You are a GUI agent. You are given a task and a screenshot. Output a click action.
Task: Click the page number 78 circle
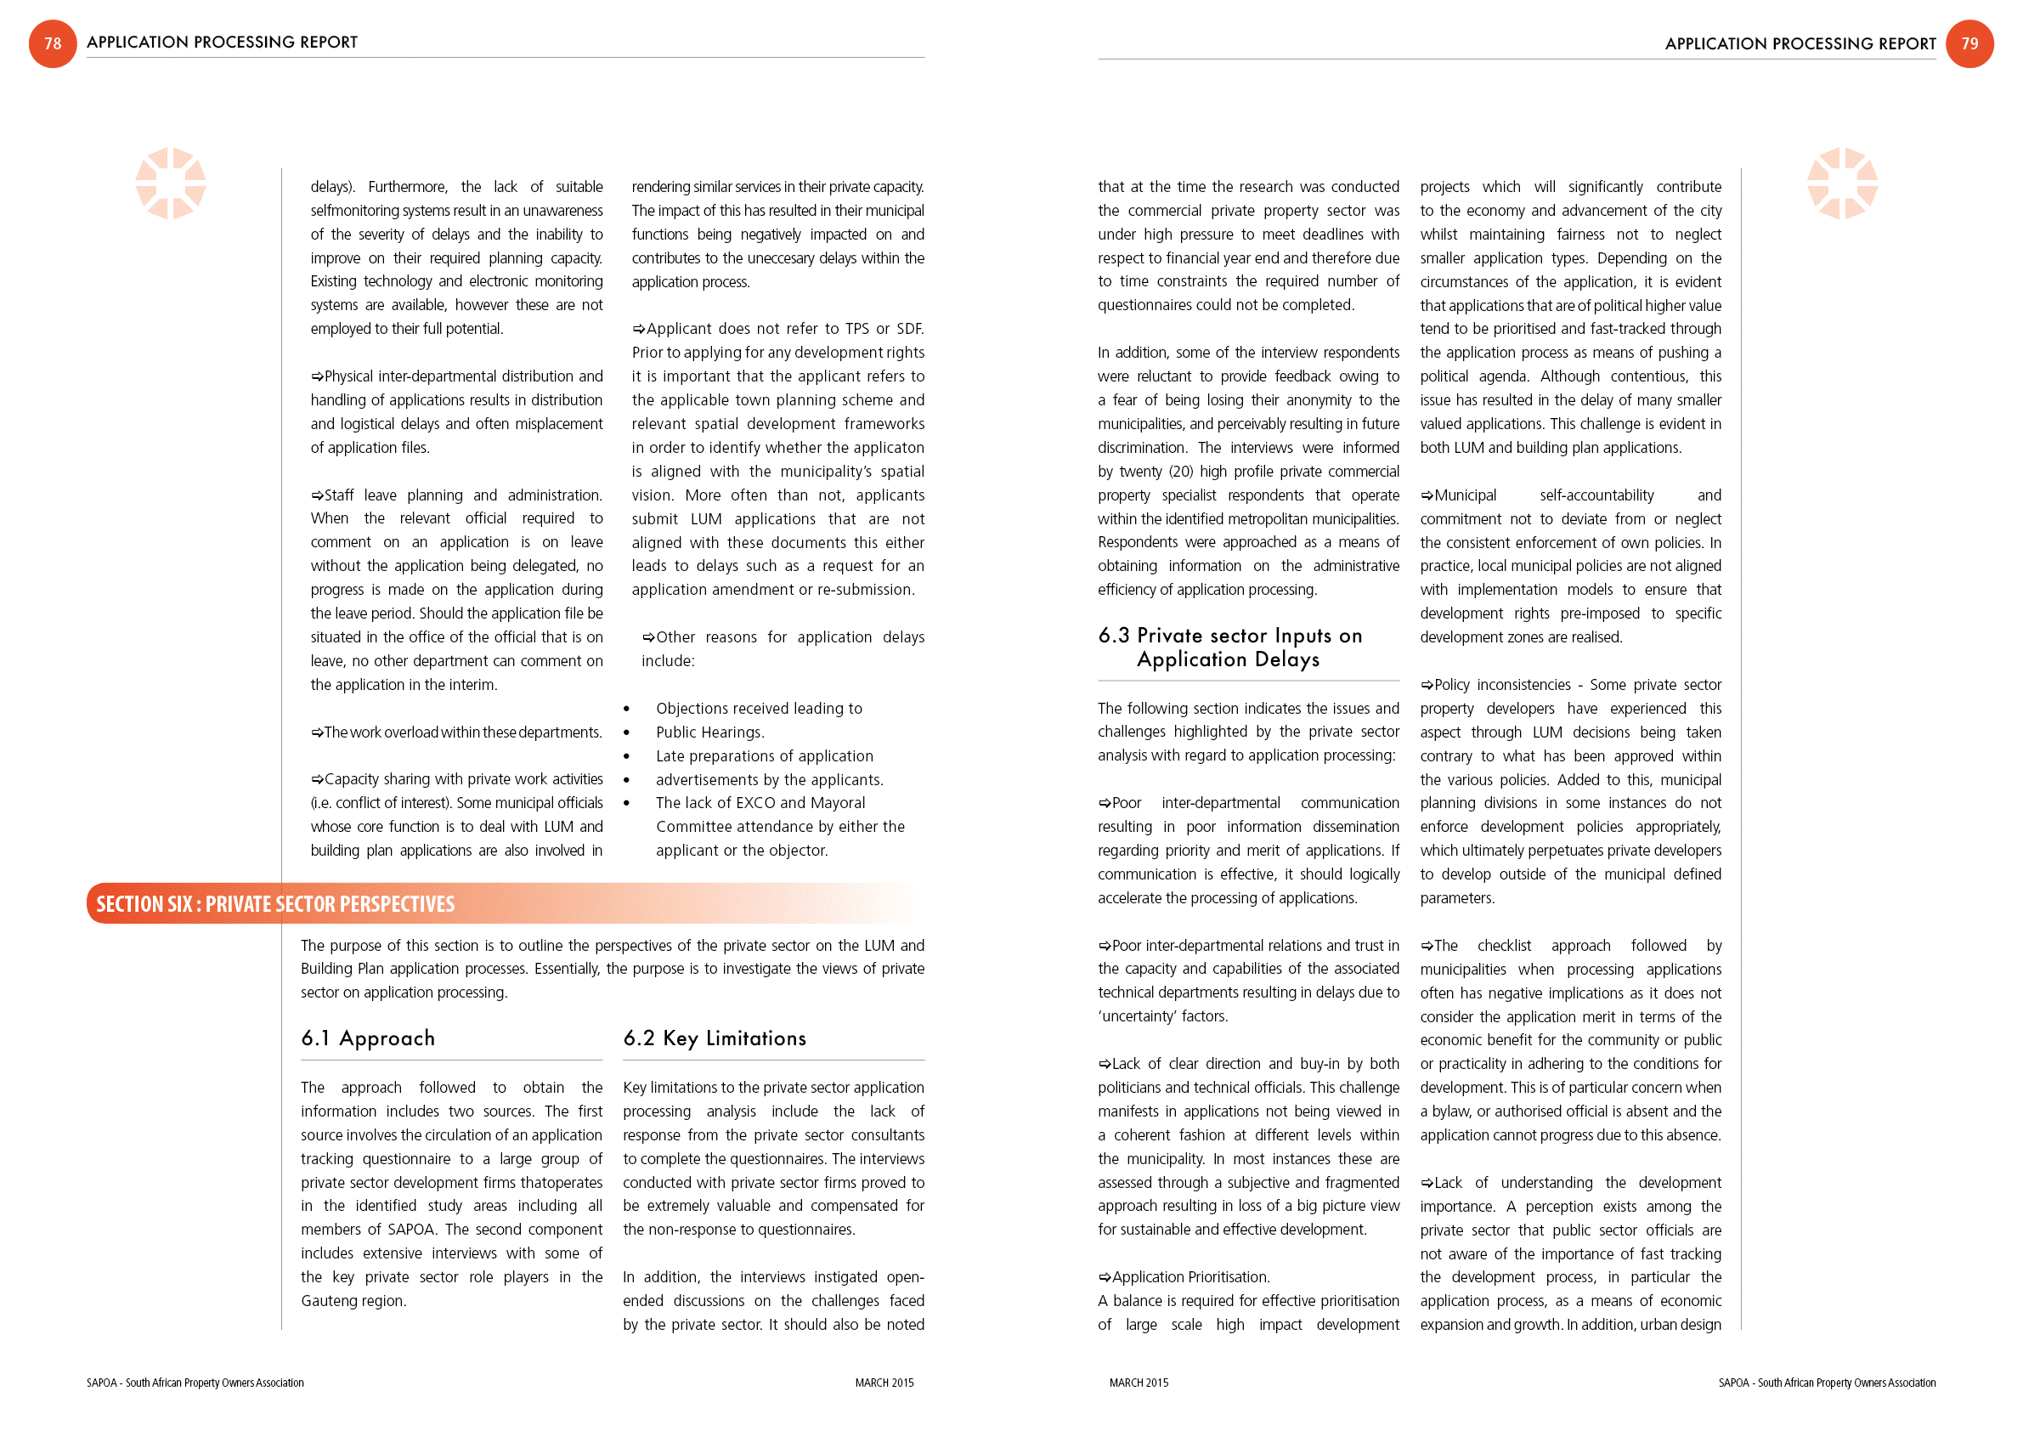coord(53,43)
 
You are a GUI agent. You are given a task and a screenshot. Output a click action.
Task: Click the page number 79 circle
coord(1969,43)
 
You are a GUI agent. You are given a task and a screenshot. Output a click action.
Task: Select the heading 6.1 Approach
coord(368,1038)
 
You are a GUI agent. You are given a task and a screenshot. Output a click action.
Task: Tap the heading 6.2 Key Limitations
coord(715,1038)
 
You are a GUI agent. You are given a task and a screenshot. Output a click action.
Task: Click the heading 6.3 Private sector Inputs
coord(1229,647)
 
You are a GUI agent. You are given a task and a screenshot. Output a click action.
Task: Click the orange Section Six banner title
coord(276,904)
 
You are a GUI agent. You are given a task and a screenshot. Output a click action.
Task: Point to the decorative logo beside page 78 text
coord(171,184)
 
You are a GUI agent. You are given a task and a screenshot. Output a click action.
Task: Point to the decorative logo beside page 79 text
coord(1842,184)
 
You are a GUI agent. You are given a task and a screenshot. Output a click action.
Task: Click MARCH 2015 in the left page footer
coord(884,1383)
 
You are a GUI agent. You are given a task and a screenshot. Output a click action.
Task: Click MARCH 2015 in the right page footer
coord(1139,1383)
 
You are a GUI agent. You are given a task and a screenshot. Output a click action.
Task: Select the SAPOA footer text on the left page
coord(195,1383)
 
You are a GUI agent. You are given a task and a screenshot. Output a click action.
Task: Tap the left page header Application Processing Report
coord(222,42)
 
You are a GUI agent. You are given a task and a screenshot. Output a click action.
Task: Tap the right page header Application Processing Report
coord(1800,44)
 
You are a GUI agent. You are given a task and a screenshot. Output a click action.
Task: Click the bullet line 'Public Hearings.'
coord(710,732)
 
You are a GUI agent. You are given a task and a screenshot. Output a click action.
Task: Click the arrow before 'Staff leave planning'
coord(317,496)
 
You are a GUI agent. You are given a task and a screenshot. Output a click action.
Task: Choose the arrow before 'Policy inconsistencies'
coord(1427,686)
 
